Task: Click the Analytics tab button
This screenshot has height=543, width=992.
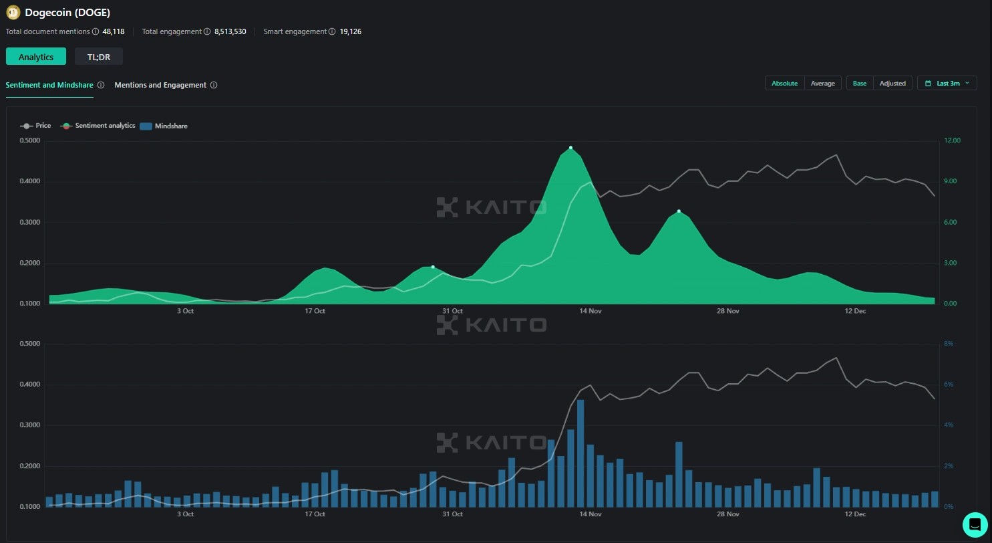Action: pos(36,57)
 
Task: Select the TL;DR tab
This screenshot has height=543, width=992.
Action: pos(99,57)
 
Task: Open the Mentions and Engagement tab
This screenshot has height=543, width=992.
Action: pos(160,85)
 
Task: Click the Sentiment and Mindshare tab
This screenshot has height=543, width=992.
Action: pos(49,85)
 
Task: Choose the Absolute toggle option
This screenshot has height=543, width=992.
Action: pos(784,84)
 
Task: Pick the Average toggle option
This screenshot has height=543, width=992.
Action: pos(822,84)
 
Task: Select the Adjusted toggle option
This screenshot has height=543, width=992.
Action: pos(892,84)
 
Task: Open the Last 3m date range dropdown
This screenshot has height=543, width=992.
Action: pos(947,84)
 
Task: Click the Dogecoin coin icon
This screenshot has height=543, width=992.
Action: pos(13,12)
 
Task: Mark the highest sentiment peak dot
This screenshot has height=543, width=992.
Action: pos(570,148)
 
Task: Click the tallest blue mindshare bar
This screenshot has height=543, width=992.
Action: pos(581,453)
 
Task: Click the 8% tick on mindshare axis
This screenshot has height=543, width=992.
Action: pos(948,344)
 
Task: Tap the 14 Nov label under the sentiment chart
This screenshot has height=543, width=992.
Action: pos(591,311)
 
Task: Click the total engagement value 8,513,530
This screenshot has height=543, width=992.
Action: pos(230,31)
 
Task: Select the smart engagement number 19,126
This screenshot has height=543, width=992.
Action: pos(350,31)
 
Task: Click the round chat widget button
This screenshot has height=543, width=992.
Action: pos(975,524)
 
